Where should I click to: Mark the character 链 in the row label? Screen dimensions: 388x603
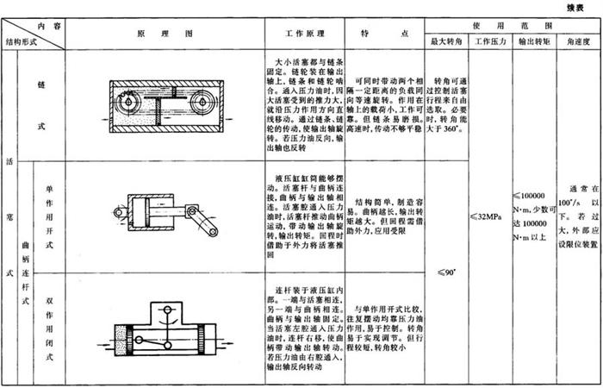click(41, 87)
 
